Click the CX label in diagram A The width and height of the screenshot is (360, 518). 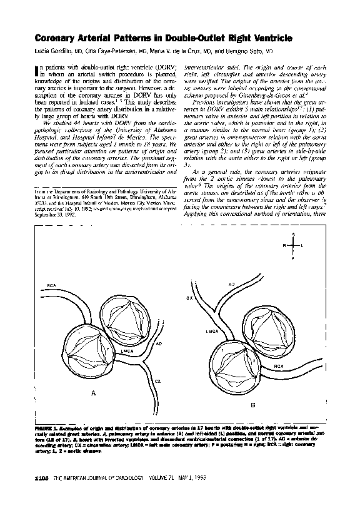[157, 379]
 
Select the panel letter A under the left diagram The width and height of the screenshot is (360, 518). [93, 394]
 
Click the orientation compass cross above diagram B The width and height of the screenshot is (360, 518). [292, 246]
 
